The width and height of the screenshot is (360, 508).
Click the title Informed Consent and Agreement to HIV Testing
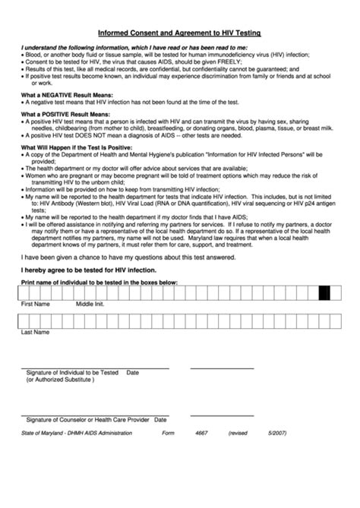tap(179, 33)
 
